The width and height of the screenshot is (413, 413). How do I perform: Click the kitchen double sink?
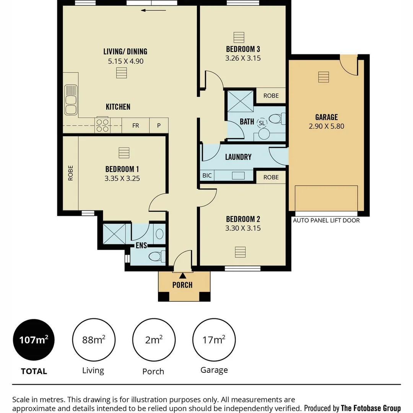(x=71, y=100)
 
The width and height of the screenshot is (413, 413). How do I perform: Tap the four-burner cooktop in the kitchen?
(x=102, y=125)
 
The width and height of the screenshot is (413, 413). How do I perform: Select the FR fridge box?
(x=135, y=125)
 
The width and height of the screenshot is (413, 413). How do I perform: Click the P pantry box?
(x=159, y=125)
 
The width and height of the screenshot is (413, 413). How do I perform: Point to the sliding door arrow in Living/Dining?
(x=153, y=10)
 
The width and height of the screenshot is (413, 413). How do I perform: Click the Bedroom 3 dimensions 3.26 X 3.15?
(x=243, y=59)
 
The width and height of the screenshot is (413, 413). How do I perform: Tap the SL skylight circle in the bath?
(x=262, y=123)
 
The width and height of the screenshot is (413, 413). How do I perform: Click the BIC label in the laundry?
(x=207, y=176)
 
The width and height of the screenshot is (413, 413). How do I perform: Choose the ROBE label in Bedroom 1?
(x=70, y=173)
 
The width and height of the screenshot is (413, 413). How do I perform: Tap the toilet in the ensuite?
(x=157, y=256)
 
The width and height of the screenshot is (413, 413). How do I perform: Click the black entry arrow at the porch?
(x=183, y=275)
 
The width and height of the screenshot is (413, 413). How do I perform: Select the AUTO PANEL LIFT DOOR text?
(x=326, y=220)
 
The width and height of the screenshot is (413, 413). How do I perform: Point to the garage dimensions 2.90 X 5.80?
(x=326, y=126)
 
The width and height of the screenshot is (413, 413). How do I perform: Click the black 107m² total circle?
(x=34, y=340)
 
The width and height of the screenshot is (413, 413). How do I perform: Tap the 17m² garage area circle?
(x=214, y=340)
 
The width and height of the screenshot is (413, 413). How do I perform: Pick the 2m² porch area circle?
(x=154, y=340)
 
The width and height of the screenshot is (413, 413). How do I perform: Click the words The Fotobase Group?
(x=371, y=408)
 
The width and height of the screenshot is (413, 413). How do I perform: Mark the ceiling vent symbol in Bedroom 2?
(x=240, y=252)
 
